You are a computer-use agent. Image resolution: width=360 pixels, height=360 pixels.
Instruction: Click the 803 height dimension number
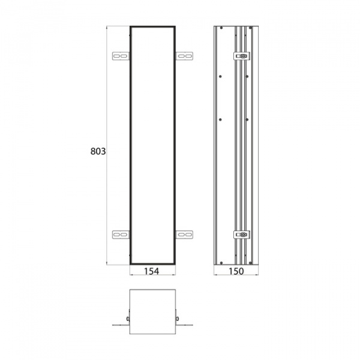coord(98,152)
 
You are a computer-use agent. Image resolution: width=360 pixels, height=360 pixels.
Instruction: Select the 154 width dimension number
coord(152,272)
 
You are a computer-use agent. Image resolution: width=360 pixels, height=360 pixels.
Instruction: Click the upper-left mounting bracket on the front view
coord(121,56)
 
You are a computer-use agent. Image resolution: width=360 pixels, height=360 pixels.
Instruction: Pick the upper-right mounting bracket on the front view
coord(184,56)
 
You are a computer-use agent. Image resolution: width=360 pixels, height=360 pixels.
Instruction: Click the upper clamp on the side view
coord(242,56)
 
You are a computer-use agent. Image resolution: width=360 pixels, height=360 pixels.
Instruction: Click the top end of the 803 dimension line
coord(107,26)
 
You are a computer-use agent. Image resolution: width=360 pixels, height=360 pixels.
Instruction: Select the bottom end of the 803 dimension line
coord(107,265)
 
